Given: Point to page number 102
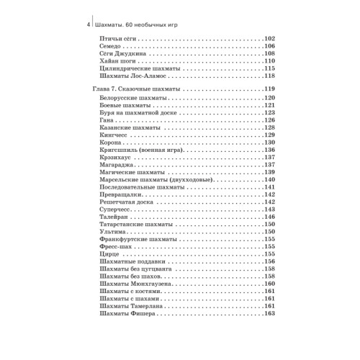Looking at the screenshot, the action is tap(271, 38).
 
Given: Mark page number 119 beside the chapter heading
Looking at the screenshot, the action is tap(271, 89).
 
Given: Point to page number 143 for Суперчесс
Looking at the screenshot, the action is tap(271, 210).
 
